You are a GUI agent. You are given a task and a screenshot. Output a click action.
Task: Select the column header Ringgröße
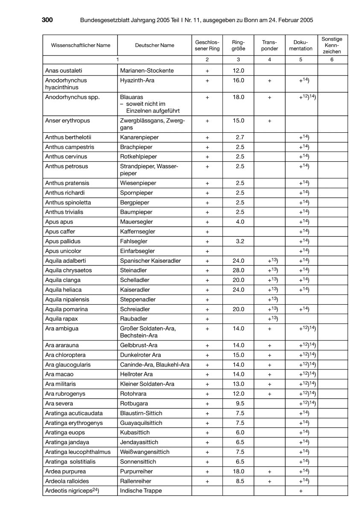[x=238, y=45]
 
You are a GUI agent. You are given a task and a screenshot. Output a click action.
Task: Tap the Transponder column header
[x=269, y=45]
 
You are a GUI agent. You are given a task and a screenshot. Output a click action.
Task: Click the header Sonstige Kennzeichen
[x=332, y=45]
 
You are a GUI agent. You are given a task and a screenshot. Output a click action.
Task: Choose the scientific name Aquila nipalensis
[x=67, y=300]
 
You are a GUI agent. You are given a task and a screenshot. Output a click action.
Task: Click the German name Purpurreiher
[x=137, y=471]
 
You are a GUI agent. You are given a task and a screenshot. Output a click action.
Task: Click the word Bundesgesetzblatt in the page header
[x=105, y=20]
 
